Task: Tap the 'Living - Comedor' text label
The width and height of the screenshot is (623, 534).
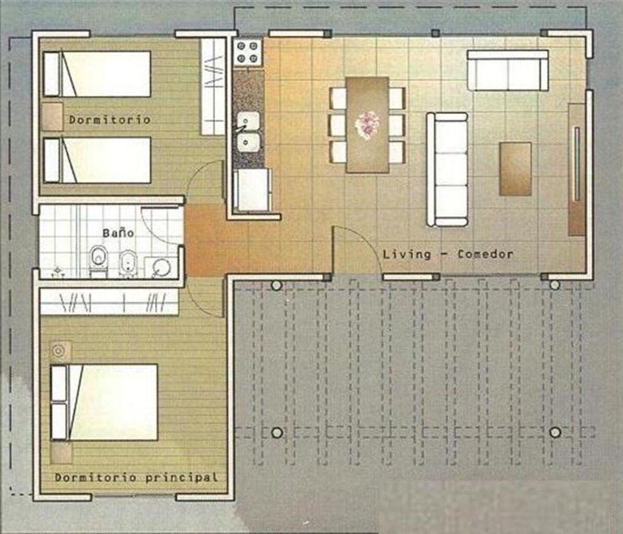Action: (448, 254)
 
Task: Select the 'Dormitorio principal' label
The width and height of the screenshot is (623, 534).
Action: (136, 477)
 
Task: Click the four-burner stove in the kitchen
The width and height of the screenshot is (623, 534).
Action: (248, 52)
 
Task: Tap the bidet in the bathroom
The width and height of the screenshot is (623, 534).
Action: (128, 262)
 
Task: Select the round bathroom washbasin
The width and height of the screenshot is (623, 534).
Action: (161, 268)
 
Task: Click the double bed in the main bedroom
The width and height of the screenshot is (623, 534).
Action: (104, 402)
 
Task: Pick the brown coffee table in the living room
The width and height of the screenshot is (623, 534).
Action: (515, 169)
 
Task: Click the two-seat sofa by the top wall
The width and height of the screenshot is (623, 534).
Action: (508, 70)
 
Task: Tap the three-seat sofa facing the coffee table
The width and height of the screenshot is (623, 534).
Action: (447, 169)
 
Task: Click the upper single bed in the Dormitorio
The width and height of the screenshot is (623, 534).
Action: (97, 74)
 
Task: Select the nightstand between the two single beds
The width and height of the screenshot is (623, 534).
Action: (53, 117)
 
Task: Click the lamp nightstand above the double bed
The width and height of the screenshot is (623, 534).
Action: (61, 351)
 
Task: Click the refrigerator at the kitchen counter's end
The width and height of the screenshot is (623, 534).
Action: (253, 190)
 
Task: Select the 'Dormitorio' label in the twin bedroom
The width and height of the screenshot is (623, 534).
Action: (109, 119)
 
